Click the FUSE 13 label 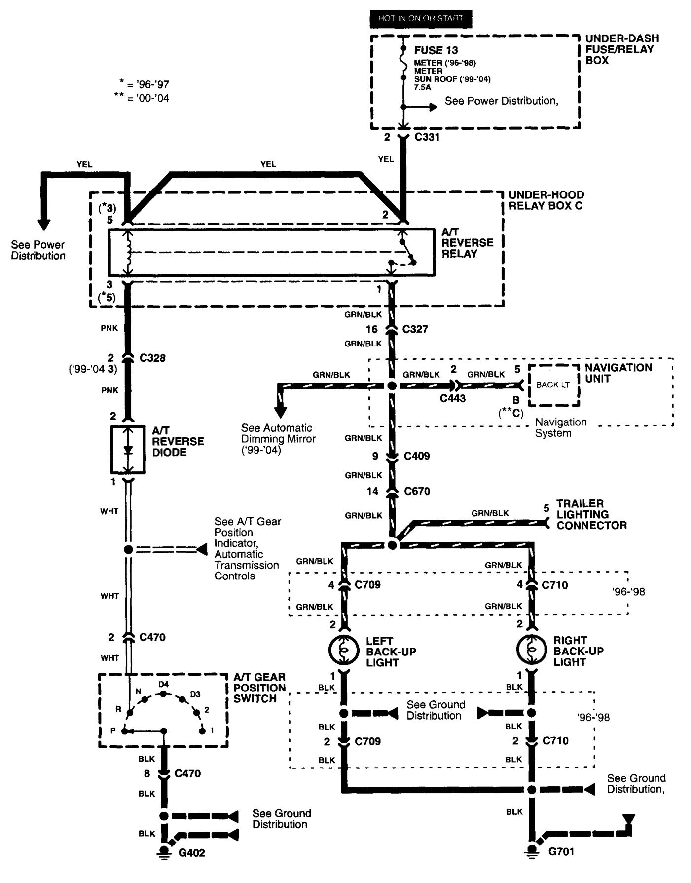[436, 50]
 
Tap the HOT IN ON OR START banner [420, 19]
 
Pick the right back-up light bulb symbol [531, 650]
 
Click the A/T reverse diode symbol [128, 450]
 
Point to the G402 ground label [191, 852]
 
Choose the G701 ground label [561, 851]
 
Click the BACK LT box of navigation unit [553, 385]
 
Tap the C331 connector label [427, 137]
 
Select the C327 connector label [415, 329]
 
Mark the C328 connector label [152, 358]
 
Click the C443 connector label [453, 398]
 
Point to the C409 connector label [417, 456]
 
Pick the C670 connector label [417, 491]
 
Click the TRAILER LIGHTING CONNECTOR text [591, 514]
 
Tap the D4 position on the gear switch [163, 685]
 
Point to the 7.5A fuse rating [422, 87]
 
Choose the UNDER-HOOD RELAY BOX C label [546, 200]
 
